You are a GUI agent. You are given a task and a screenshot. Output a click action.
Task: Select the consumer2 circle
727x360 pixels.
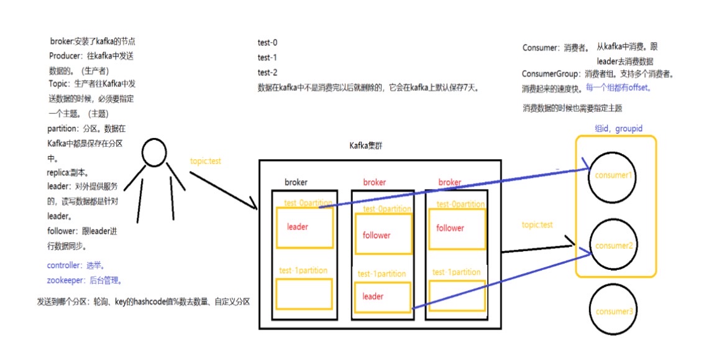[613, 246]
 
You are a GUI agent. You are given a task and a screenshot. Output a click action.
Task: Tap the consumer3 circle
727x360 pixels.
[613, 312]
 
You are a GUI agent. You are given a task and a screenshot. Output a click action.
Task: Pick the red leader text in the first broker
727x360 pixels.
[298, 227]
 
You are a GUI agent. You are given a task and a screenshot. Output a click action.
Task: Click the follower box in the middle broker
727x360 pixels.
[383, 234]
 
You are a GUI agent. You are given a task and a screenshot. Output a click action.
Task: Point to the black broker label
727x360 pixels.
[296, 182]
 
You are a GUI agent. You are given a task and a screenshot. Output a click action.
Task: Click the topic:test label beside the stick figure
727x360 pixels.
[206, 161]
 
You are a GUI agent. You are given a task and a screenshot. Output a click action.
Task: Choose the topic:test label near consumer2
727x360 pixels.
[537, 225]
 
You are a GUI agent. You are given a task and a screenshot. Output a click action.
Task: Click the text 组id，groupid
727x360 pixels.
[618, 128]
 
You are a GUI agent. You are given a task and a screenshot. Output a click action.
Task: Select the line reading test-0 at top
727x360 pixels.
[268, 43]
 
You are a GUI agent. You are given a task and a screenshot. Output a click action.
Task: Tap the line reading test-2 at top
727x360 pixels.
[268, 73]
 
